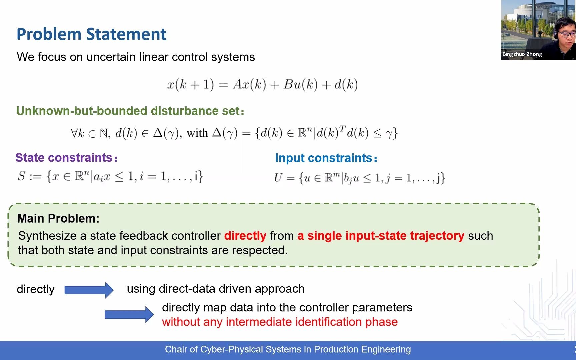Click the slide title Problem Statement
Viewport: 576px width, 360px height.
point(91,34)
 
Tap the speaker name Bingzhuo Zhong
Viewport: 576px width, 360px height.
point(522,54)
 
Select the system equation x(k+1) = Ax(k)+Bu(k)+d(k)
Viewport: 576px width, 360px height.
point(263,84)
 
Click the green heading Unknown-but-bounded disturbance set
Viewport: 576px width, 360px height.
point(130,111)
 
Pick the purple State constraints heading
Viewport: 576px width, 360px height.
point(66,158)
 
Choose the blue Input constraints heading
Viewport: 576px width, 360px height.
point(326,158)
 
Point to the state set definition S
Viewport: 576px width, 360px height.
point(110,176)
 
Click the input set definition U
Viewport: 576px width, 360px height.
point(359,178)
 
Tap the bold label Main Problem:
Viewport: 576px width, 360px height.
point(58,218)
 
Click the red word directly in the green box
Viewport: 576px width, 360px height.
point(245,236)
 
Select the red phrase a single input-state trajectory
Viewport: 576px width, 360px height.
point(381,236)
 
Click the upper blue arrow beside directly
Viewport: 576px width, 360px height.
point(89,290)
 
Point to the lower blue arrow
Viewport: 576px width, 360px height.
point(129,314)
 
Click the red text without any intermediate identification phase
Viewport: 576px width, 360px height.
point(280,322)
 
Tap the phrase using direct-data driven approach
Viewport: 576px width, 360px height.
point(216,289)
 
